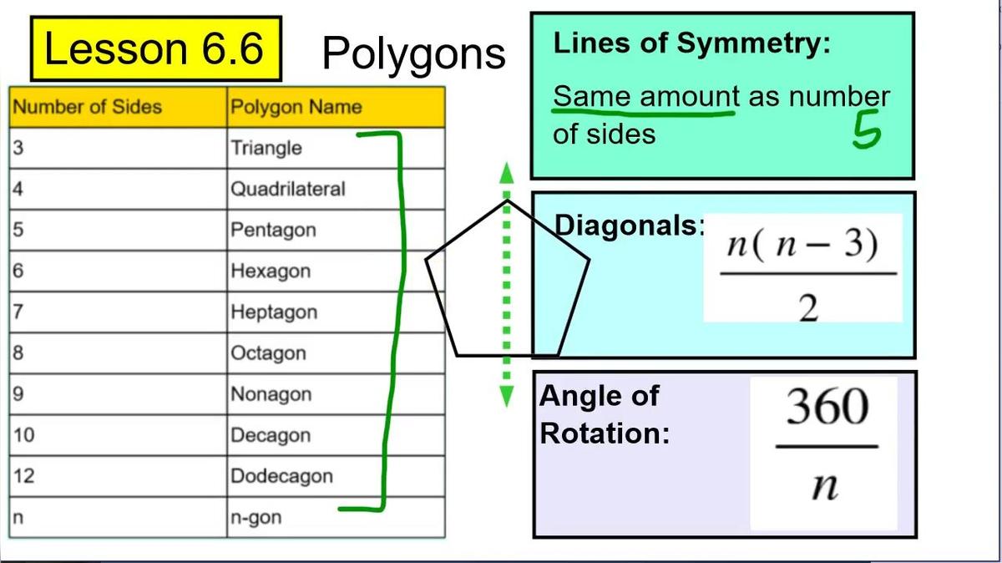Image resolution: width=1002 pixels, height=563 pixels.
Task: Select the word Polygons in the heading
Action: (413, 53)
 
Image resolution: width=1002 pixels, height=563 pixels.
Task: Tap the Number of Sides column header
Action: (88, 107)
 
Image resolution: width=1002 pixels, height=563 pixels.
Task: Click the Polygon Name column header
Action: (296, 107)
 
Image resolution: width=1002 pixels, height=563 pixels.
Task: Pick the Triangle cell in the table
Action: (266, 148)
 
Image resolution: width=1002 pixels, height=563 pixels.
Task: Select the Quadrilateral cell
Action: (287, 189)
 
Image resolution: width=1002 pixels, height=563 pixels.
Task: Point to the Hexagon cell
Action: (271, 271)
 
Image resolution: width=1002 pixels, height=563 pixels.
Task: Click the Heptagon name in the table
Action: (274, 312)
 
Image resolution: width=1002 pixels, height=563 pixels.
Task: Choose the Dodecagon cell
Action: (281, 476)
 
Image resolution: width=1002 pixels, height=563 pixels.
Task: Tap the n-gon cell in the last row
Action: (256, 517)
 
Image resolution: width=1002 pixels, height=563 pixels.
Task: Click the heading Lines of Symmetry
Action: (692, 43)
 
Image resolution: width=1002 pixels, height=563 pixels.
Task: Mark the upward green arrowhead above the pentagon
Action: (506, 172)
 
